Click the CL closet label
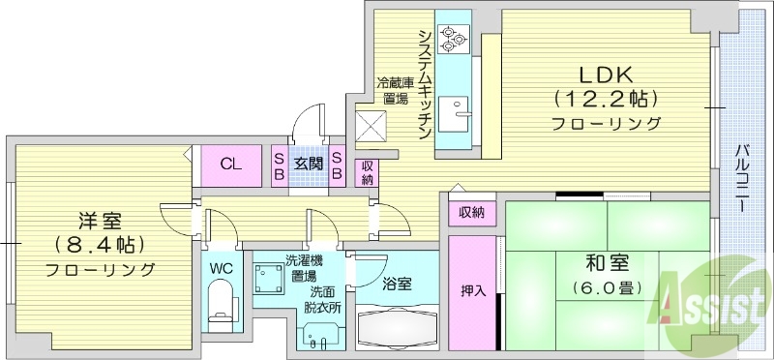230,164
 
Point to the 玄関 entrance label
309,164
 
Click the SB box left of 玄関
279,165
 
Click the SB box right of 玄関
338,165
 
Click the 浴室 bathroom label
397,284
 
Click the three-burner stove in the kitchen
451,39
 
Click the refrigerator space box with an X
372,124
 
